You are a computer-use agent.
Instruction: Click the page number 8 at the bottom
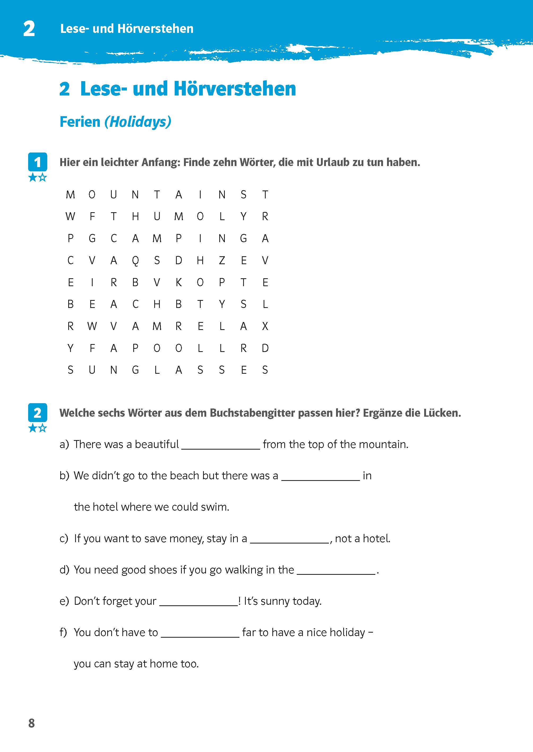click(32, 723)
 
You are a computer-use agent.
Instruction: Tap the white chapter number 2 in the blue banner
click(29, 29)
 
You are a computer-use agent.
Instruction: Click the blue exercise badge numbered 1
click(37, 162)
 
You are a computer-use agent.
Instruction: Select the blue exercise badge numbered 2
click(37, 412)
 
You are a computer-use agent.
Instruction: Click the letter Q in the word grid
click(135, 261)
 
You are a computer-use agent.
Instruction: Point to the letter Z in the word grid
click(222, 261)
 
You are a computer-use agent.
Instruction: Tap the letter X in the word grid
click(265, 326)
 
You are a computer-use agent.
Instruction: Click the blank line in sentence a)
click(221, 448)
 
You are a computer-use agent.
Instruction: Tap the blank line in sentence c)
click(290, 542)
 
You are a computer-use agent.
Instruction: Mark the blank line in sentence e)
click(199, 605)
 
